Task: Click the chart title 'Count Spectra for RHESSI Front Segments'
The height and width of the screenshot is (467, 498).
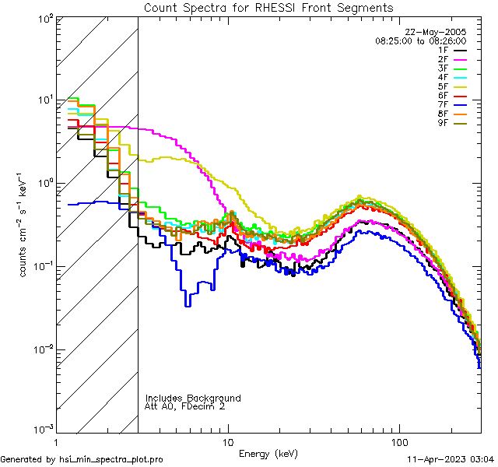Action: click(268, 7)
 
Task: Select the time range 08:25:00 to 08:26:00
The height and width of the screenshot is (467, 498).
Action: click(420, 40)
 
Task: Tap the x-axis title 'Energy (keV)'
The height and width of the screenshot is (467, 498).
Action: click(268, 454)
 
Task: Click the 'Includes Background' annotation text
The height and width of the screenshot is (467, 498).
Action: click(193, 398)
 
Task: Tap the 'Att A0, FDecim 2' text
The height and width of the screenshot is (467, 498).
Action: click(184, 406)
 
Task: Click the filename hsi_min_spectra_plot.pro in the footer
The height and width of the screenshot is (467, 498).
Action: click(111, 459)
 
